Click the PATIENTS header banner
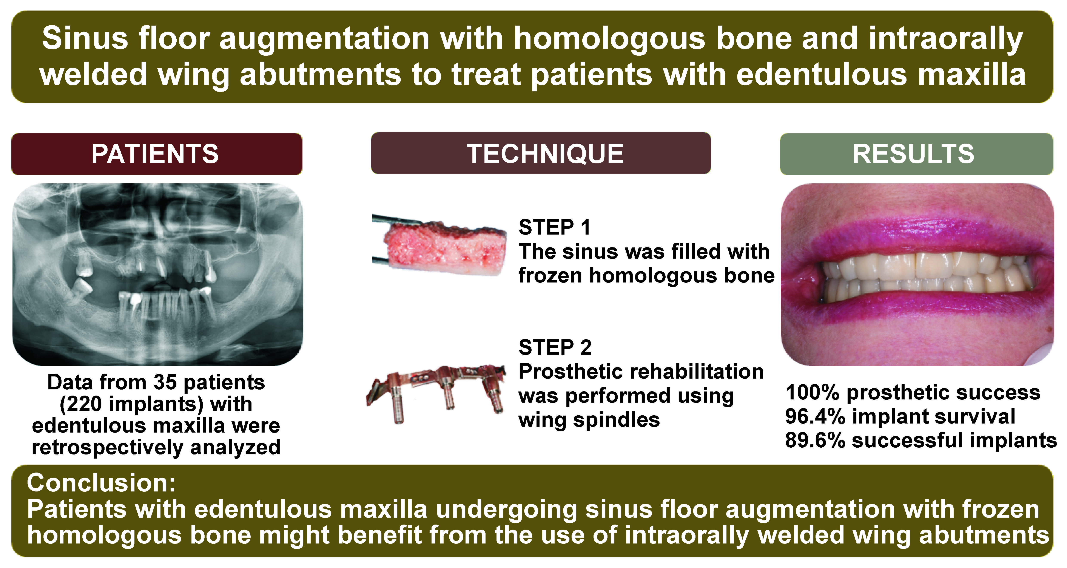click(157, 154)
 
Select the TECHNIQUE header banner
click(541, 153)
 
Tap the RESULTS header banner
click(916, 154)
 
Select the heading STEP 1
click(554, 227)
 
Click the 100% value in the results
click(813, 393)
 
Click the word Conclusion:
click(102, 483)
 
